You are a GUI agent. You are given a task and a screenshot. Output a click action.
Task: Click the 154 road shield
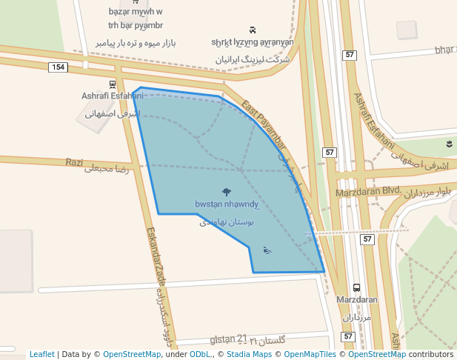coord(59,67)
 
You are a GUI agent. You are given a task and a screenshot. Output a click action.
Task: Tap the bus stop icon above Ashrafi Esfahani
coord(113,84)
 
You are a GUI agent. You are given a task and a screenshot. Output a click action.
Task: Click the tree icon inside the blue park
coord(226,192)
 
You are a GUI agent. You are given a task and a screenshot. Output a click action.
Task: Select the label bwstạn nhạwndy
coord(226,204)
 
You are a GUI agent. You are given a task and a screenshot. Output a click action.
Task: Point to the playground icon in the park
coord(267,250)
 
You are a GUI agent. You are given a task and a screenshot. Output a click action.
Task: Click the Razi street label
coord(74,162)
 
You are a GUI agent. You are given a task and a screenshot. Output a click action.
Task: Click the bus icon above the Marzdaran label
coord(357,287)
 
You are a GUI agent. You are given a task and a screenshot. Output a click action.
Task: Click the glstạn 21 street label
coord(228,339)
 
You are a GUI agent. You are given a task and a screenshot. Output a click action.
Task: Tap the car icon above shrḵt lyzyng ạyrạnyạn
coord(253,30)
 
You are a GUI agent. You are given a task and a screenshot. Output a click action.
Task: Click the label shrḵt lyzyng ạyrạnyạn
coord(252,42)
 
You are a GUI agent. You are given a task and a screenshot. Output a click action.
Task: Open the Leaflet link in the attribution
coord(42,354)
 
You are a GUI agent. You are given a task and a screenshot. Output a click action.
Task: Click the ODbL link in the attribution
coord(200,354)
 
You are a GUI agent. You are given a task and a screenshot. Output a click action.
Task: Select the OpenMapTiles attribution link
coord(307,354)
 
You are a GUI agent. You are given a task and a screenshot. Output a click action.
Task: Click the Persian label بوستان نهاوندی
coord(226,221)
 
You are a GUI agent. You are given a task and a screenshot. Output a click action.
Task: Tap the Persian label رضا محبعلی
coord(107,170)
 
